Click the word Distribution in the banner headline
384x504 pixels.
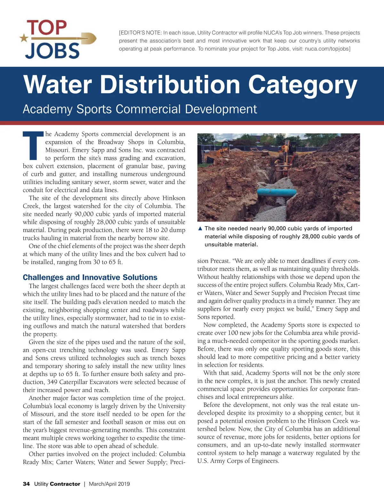(170, 84)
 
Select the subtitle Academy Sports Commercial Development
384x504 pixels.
(140, 109)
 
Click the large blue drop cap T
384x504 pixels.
(33, 146)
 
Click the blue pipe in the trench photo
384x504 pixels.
(277, 192)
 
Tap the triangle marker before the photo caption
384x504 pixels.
(200, 228)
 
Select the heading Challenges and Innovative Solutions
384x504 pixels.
(90, 277)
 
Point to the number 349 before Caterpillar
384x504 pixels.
(52, 382)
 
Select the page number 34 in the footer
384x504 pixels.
(26, 484)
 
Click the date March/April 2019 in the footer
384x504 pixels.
(109, 484)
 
